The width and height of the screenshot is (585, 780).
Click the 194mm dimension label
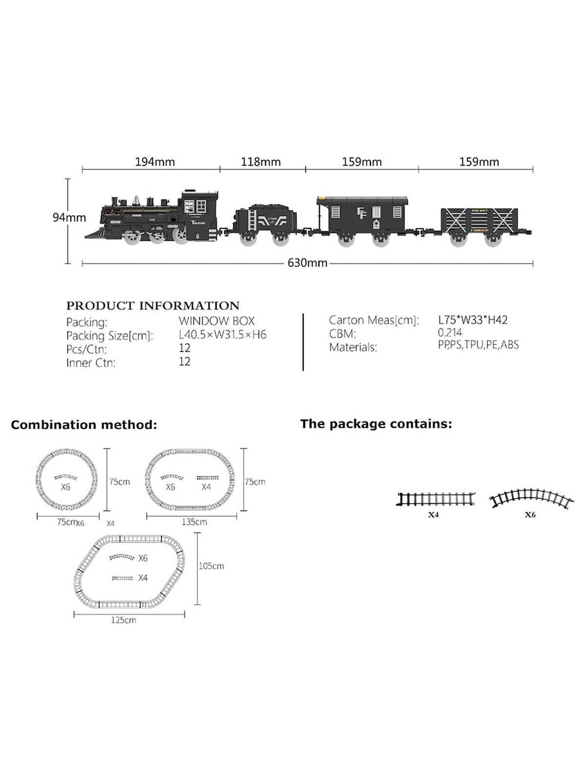[x=155, y=161]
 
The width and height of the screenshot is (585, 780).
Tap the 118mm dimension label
[x=261, y=161]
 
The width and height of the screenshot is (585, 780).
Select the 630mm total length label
[x=307, y=263]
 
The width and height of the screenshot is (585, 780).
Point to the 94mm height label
[x=69, y=218]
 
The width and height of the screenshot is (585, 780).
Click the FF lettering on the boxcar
[x=361, y=213]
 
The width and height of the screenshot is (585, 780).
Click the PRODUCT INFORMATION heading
[x=153, y=306]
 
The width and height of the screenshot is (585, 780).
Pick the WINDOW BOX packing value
[x=216, y=321]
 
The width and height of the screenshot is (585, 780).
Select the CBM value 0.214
[x=449, y=333]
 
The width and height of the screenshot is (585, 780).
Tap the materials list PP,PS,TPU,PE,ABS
[x=478, y=345]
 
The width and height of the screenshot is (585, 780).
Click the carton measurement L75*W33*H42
[x=472, y=320]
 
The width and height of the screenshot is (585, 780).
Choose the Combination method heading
[x=84, y=425]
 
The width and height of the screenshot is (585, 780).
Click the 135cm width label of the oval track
[x=194, y=522]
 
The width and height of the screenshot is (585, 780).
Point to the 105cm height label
[x=211, y=566]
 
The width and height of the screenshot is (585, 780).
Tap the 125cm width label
[x=123, y=620]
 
